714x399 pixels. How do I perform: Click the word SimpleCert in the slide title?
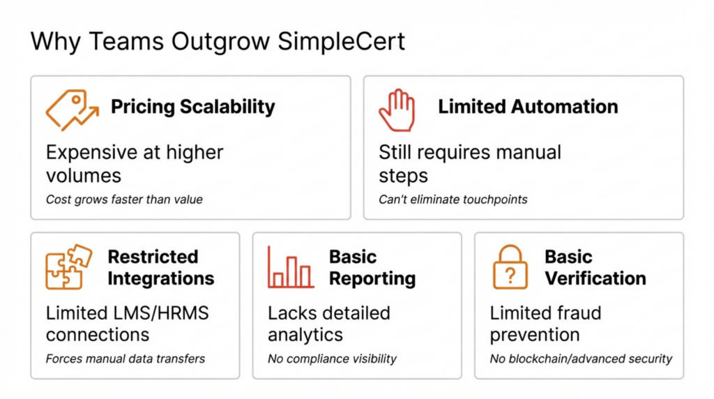point(342,42)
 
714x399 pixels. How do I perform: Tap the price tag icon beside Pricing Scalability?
point(71,110)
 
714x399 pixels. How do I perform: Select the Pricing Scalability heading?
point(193,107)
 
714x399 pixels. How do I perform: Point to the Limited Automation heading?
point(528,107)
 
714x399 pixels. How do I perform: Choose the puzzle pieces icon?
point(68,267)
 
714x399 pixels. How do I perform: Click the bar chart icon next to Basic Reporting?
point(291,268)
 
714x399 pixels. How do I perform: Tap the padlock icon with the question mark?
point(510,268)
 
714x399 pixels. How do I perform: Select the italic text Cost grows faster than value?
point(124,200)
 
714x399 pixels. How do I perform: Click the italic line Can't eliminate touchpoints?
point(453,200)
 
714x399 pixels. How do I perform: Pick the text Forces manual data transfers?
point(126,359)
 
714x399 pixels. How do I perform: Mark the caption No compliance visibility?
point(332,359)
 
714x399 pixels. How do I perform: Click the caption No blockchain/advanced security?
point(581,359)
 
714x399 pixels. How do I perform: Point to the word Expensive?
point(90,152)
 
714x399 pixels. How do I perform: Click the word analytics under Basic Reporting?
point(305,335)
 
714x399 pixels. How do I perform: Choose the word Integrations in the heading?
point(161,278)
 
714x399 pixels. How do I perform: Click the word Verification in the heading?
point(595,278)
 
